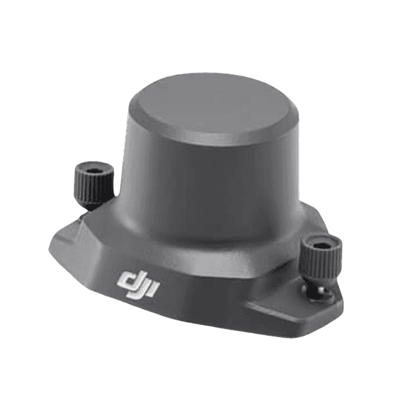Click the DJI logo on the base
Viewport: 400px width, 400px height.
138,284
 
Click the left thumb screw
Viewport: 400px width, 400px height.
94,185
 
